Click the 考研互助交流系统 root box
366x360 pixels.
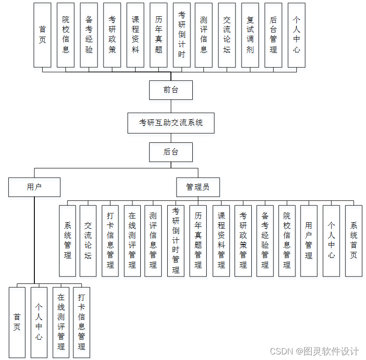click(171, 123)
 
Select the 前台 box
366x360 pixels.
click(170, 90)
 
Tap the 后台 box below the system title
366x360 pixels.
click(170, 152)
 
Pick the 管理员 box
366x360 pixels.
click(198, 187)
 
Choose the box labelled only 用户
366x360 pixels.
click(34, 187)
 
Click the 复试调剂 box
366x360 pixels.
click(250, 35)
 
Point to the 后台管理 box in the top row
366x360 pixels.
click(273, 35)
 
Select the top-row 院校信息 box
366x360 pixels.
click(65, 35)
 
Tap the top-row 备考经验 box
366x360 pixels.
click(89, 35)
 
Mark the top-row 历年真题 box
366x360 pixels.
click(158, 35)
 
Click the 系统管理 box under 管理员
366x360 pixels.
click(67, 241)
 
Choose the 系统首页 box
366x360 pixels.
click(353, 241)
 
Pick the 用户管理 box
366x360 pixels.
click(309, 241)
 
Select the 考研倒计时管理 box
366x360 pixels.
click(176, 241)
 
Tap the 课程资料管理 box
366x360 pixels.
click(221, 241)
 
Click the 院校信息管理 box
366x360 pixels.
click(287, 241)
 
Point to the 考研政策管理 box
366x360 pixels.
click(243, 241)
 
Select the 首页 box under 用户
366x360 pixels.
click(17, 322)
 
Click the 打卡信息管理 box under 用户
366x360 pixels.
click(82, 322)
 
